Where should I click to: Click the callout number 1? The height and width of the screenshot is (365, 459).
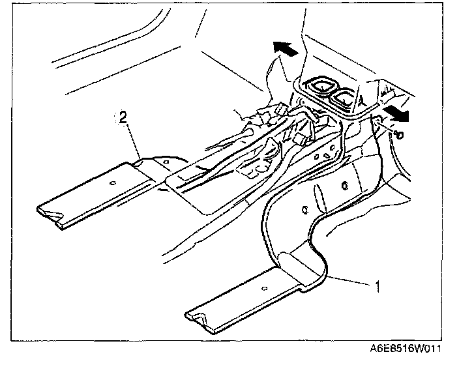(378, 285)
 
